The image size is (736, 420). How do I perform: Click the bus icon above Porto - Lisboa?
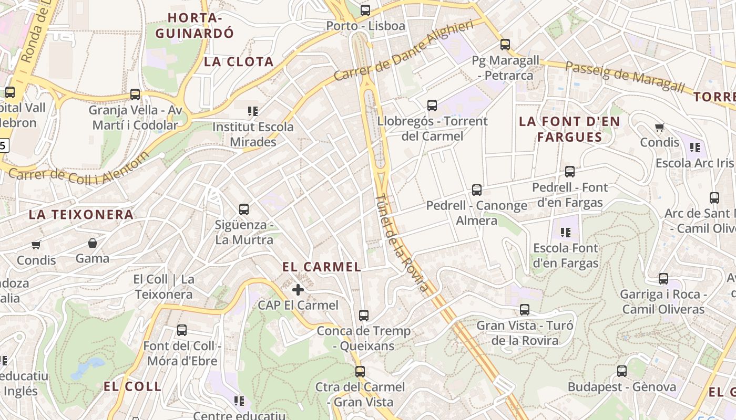[365, 10]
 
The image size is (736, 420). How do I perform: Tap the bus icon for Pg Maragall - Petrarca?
[505, 45]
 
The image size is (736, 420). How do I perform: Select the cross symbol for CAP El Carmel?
[298, 290]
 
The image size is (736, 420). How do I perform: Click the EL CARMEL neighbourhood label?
[322, 267]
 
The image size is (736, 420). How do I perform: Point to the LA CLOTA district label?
[239, 61]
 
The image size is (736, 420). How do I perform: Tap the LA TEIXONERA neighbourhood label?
[81, 214]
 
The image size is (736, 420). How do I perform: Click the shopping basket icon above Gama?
[93, 243]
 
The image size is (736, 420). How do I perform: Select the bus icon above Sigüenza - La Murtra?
[244, 209]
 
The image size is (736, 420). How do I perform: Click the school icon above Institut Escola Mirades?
[253, 111]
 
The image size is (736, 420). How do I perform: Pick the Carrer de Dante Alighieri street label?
[404, 51]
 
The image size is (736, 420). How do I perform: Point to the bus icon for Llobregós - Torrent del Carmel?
[432, 106]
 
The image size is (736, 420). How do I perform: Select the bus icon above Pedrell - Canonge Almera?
[477, 190]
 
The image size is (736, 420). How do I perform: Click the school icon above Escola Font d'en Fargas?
[566, 232]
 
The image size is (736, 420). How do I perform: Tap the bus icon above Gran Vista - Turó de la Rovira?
[525, 310]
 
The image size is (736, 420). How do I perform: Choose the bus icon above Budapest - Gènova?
[622, 371]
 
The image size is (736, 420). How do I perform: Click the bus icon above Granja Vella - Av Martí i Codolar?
[135, 94]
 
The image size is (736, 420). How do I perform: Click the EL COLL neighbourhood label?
[132, 386]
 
